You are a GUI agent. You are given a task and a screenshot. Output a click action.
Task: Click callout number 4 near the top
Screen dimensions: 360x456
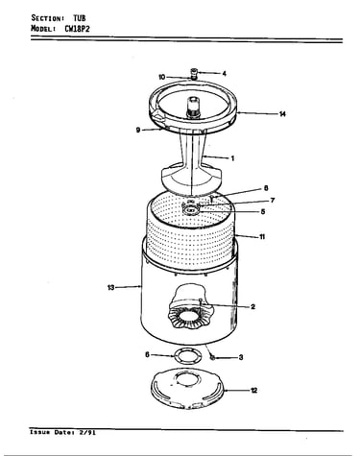tap(225, 74)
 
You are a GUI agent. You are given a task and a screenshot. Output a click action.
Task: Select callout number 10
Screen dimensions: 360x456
tap(162, 77)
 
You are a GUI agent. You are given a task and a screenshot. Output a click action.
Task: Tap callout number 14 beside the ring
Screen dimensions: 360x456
tap(282, 114)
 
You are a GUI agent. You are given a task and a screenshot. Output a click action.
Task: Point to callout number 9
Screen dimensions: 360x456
tap(138, 130)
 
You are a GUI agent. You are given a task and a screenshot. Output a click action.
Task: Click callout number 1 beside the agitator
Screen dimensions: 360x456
tap(232, 158)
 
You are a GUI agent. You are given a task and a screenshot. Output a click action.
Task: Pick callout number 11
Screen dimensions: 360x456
tap(262, 237)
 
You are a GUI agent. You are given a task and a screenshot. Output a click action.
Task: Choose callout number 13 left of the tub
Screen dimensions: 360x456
tap(110, 287)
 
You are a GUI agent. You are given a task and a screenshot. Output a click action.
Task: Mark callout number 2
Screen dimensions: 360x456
tap(252, 307)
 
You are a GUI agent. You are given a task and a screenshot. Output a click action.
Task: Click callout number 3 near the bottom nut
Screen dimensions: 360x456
tap(241, 357)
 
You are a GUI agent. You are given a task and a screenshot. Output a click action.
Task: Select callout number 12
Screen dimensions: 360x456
tap(253, 391)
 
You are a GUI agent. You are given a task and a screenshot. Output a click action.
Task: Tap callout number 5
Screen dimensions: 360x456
tap(263, 211)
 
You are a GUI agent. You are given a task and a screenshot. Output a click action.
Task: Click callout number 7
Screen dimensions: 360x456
tap(273, 201)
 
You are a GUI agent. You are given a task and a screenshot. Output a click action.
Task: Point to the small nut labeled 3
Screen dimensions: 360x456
tap(212, 357)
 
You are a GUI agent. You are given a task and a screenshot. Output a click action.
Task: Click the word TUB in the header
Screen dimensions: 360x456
tap(80, 18)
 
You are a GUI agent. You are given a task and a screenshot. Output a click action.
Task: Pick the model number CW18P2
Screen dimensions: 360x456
tap(77, 29)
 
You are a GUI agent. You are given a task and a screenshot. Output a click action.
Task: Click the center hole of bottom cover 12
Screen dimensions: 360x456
tap(188, 379)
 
